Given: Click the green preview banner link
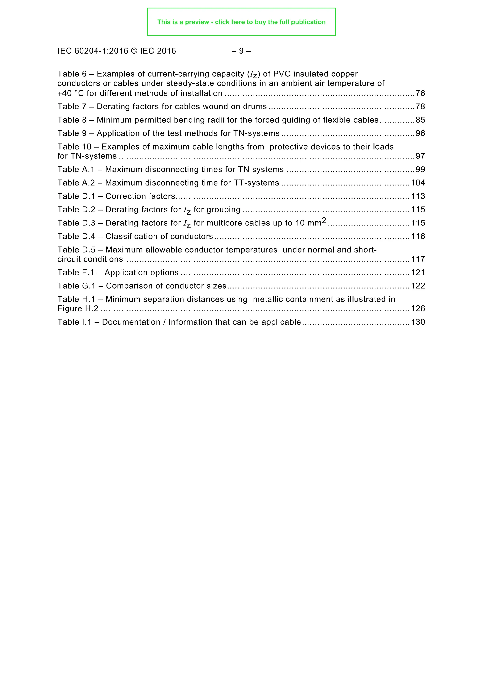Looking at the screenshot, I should pyautogui.click(x=241, y=22).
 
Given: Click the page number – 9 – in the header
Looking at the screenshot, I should pyautogui.click(x=241, y=51).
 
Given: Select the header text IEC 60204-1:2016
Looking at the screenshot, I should pyautogui.click(x=93, y=51).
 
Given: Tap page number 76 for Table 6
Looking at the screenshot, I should pyautogui.click(x=420, y=93).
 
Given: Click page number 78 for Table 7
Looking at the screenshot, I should pyautogui.click(x=420, y=107).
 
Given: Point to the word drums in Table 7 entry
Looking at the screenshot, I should pyautogui.click(x=256, y=107).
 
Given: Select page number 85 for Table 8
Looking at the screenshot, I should pyautogui.click(x=420, y=120).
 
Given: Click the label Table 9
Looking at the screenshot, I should pyautogui.click(x=72, y=133).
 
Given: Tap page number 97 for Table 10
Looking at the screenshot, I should pyautogui.click(x=420, y=156).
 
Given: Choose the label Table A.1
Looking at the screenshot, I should pyautogui.click(x=76, y=170).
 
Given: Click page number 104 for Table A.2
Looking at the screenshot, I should pyautogui.click(x=418, y=183).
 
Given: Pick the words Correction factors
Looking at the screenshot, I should pyautogui.click(x=140, y=196).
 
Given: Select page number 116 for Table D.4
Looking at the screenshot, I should pyautogui.click(x=418, y=237).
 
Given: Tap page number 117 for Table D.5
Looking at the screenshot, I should pyautogui.click(x=418, y=259).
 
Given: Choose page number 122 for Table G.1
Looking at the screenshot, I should pyautogui.click(x=418, y=286).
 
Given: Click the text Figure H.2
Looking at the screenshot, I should pyautogui.click(x=78, y=309).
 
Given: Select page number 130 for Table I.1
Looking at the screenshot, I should pyautogui.click(x=418, y=322).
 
